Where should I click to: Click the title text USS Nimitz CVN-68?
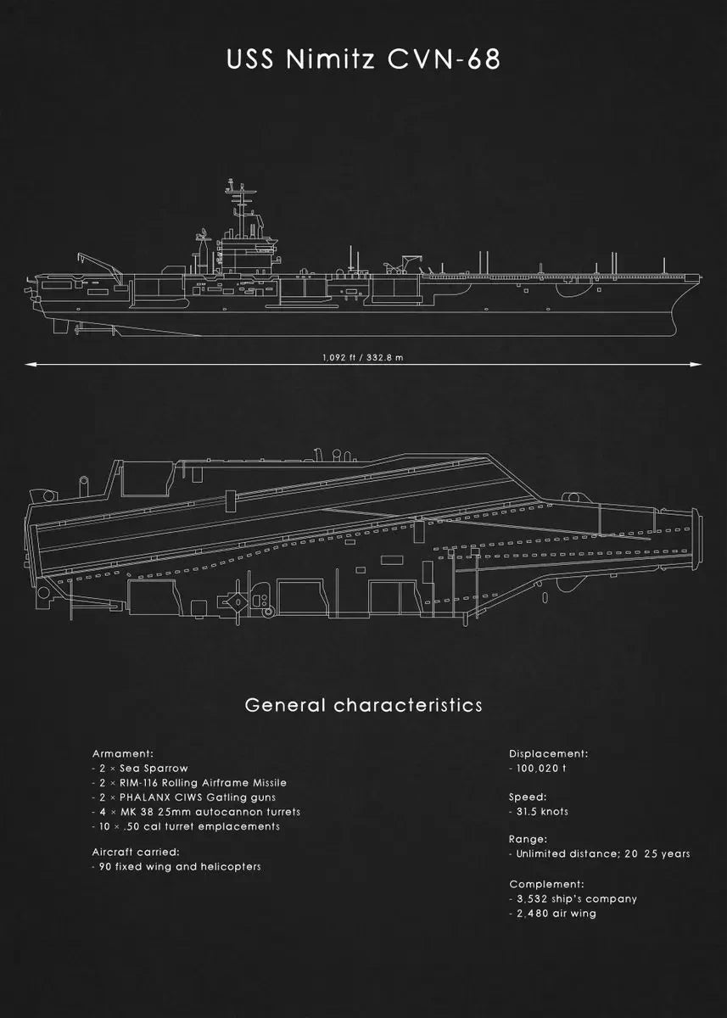point(363,59)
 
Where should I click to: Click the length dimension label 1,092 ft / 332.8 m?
point(363,357)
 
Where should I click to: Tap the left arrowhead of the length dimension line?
point(31,365)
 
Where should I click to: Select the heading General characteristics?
point(363,705)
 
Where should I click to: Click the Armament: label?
point(122,753)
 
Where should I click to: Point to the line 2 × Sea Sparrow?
point(140,769)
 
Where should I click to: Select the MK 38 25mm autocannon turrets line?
point(196,812)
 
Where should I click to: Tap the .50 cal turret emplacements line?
point(186,826)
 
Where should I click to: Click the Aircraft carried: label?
point(136,852)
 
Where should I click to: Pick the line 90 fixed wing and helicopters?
point(176,867)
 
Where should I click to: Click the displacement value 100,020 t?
point(538,769)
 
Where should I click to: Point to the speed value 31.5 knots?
point(539,812)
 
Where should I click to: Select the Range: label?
point(528,839)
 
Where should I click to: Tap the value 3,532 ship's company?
point(573,898)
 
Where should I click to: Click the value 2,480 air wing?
point(552,914)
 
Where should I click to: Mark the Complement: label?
point(546,884)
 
